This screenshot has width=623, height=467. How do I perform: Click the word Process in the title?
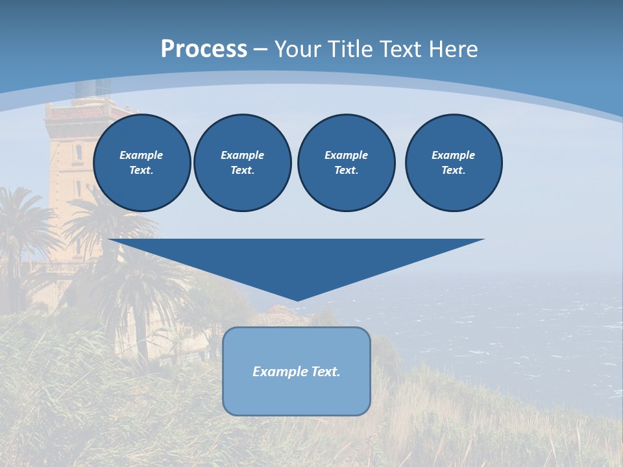204,49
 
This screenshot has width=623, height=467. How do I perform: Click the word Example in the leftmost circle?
141,155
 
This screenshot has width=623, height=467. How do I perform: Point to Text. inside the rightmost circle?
454,171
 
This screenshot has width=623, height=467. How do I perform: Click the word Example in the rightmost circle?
454,155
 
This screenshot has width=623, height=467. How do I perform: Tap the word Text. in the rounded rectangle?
326,372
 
